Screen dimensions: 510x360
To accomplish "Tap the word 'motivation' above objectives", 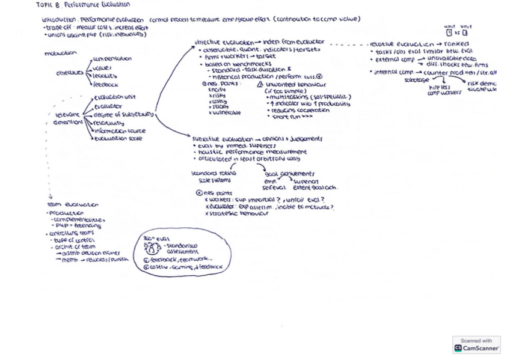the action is tap(61, 53).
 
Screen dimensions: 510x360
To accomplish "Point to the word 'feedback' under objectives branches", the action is tap(106, 85).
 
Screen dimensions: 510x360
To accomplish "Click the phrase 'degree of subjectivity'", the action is tap(124, 114).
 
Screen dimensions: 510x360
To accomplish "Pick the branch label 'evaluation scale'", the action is tap(118, 139).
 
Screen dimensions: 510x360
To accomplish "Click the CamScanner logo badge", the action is tap(476, 344).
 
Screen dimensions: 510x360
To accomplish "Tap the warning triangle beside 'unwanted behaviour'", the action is tap(259, 84).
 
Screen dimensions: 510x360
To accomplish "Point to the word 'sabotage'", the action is tap(417, 80).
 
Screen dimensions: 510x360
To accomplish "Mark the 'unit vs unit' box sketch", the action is tap(456, 31).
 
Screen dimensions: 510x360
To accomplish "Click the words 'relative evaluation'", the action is tap(394, 44).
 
